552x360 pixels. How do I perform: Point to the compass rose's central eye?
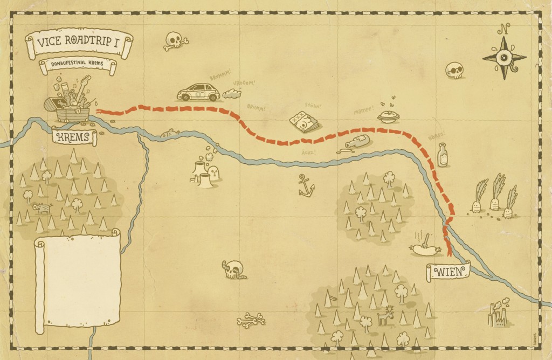point(504,58)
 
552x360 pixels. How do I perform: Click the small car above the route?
point(199,93)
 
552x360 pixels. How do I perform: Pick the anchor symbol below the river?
point(306,186)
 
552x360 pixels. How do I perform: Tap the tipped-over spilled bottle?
point(356,143)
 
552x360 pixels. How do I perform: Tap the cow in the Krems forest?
point(41,207)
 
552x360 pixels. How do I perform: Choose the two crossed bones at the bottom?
point(251,320)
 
